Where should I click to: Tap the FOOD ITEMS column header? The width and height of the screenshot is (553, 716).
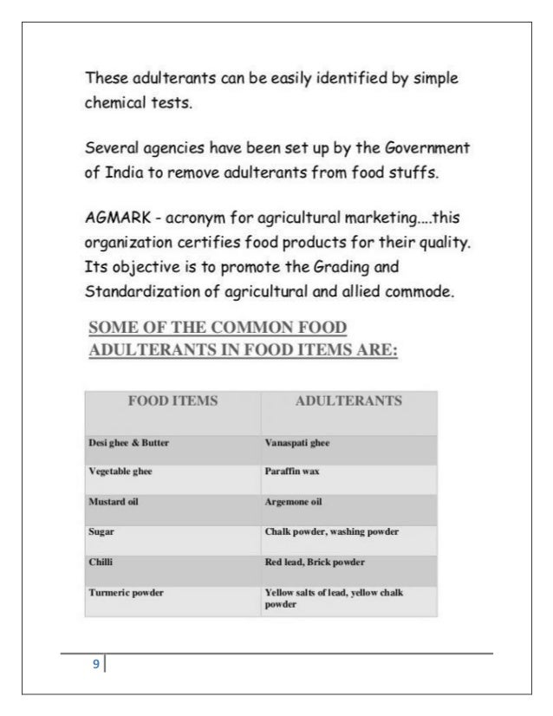pyautogui.click(x=172, y=401)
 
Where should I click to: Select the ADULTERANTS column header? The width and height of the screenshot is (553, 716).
pyautogui.click(x=348, y=401)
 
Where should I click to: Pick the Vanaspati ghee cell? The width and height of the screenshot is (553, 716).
pyautogui.click(x=297, y=442)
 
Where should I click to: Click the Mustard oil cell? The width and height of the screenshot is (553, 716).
pyautogui.click(x=114, y=502)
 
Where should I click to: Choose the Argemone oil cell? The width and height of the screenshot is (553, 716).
pyautogui.click(x=293, y=502)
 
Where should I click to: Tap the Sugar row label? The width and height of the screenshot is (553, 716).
pyautogui.click(x=101, y=531)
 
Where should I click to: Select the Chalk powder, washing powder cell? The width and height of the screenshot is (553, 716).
pyautogui.click(x=330, y=531)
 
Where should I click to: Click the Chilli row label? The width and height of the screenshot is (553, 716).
pyautogui.click(x=101, y=562)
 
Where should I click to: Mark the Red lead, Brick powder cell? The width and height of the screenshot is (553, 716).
pyautogui.click(x=314, y=562)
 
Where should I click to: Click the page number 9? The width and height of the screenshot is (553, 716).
pyautogui.click(x=96, y=665)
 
